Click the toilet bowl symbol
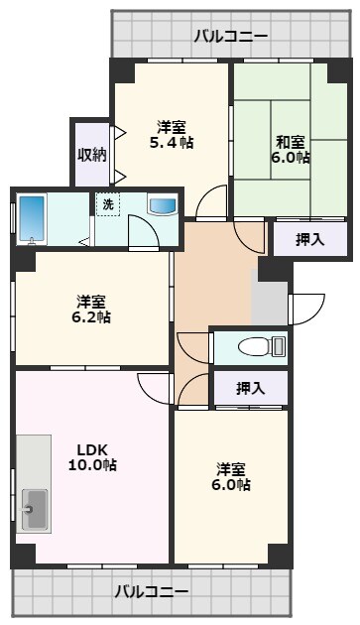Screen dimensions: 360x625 (x=253, y=346)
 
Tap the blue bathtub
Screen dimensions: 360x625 (x=32, y=219)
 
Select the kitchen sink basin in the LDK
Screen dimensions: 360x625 (x=35, y=509)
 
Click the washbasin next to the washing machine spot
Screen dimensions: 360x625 (x=163, y=204)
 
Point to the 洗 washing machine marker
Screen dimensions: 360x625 (x=108, y=204)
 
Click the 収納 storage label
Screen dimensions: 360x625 (x=92, y=154)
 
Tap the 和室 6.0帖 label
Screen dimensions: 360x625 (x=291, y=150)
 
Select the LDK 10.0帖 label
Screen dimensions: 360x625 (x=92, y=457)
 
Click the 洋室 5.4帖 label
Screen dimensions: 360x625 (x=172, y=135)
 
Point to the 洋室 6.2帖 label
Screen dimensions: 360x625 (x=91, y=310)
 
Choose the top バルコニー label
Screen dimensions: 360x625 (x=231, y=37)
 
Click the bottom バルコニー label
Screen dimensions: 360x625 (x=152, y=591)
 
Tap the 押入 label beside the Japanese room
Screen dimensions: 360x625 (x=309, y=239)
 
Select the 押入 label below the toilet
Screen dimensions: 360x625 (x=251, y=388)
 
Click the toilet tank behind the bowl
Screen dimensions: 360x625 (x=279, y=346)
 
